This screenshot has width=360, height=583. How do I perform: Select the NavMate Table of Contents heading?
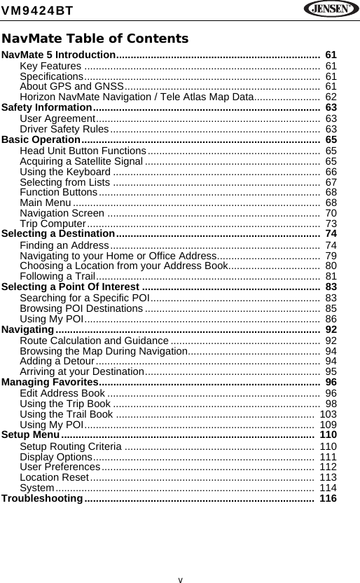tap(95, 38)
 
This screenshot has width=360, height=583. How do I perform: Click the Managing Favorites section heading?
tap(50, 382)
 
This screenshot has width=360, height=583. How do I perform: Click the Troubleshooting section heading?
tap(43, 498)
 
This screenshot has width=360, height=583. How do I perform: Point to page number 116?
tap(328, 498)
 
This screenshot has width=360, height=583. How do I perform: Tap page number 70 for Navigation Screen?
tap(331, 212)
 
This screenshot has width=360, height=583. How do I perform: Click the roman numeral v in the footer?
tap(180, 579)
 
